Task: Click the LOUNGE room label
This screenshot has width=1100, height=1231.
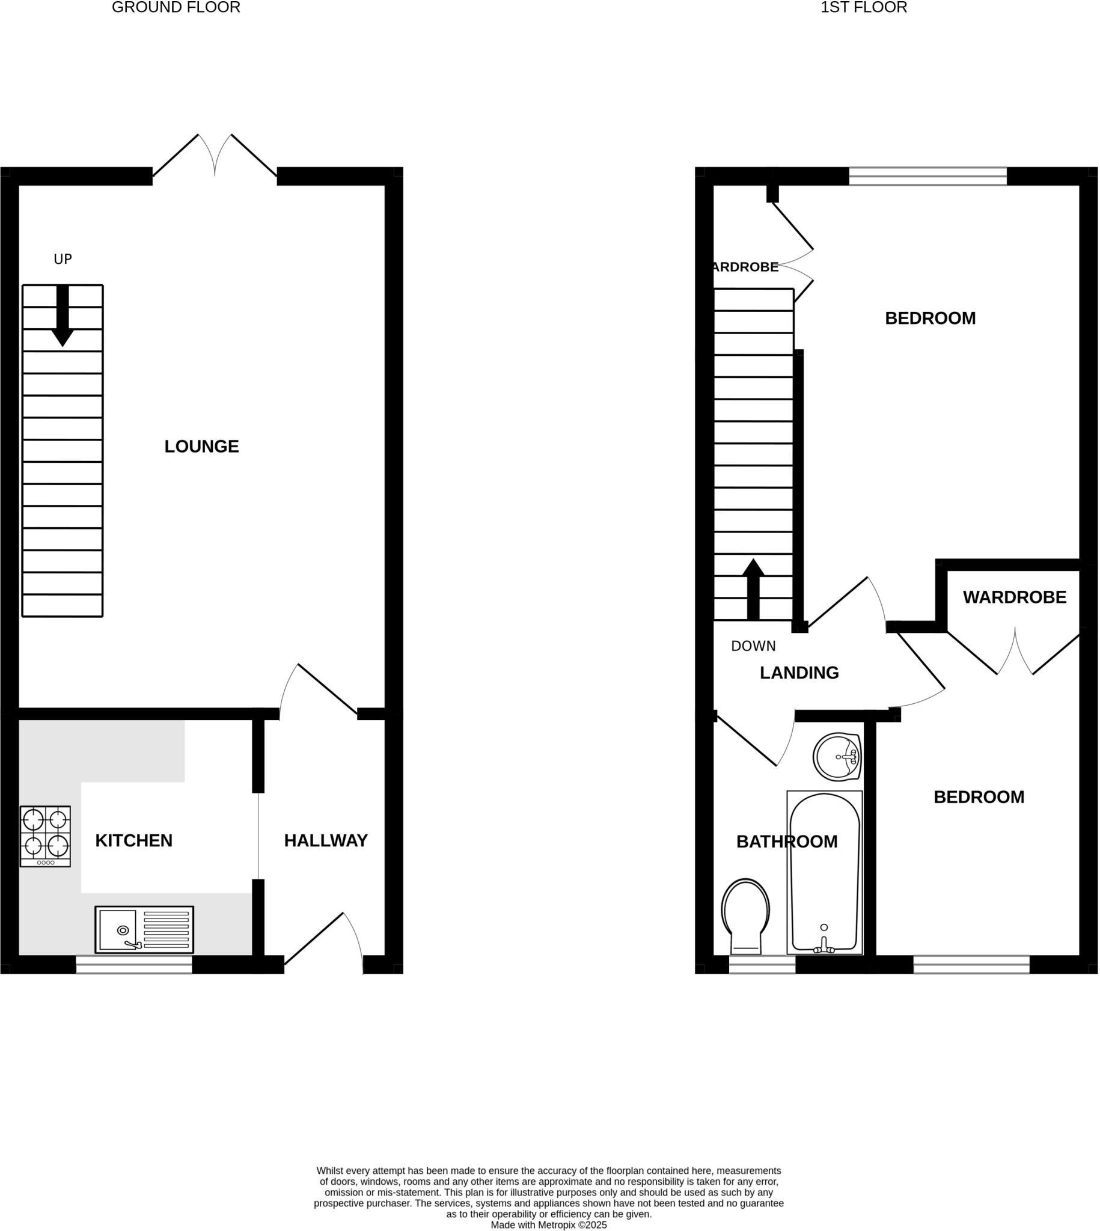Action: pos(202,447)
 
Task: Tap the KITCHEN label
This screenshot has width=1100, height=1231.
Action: pos(133,841)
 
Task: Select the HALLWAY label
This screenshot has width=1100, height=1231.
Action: pos(326,841)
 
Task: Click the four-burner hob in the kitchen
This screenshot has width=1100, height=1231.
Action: pos(45,836)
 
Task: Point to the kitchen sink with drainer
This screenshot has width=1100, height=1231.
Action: pos(144,929)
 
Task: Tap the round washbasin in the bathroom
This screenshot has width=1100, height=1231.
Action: pos(837,757)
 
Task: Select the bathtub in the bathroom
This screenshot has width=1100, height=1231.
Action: pos(824,873)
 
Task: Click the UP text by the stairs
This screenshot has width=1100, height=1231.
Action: pos(63,259)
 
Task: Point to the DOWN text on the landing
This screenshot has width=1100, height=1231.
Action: pos(753,646)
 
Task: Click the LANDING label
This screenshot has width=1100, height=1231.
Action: pos(799,673)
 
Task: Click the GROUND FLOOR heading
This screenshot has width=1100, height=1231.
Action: pos(176,7)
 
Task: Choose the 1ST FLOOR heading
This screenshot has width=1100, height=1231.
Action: pos(864,7)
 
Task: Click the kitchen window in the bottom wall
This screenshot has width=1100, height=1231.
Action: pos(133,965)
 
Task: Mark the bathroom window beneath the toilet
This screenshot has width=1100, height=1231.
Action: pos(762,965)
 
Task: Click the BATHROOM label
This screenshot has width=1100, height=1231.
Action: pos(786,842)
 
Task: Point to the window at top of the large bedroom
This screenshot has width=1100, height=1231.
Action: pos(927,177)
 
